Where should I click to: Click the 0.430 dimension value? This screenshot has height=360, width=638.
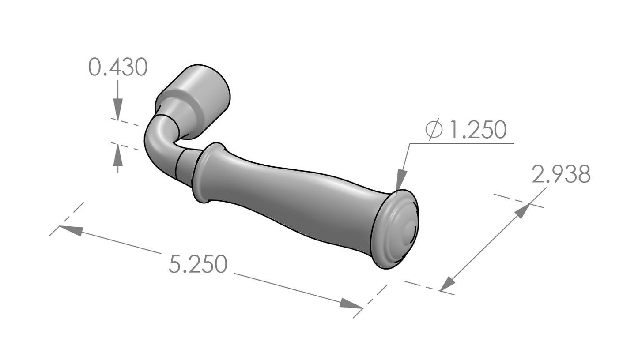[x=118, y=67]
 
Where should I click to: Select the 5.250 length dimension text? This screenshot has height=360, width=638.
[x=198, y=264]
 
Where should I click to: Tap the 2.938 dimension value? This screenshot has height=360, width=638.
[x=561, y=174]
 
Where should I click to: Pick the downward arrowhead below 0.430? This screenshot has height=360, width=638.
[x=118, y=109]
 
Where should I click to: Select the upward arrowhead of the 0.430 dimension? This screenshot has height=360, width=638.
[x=118, y=155]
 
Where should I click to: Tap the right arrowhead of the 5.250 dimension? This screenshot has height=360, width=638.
[x=351, y=304]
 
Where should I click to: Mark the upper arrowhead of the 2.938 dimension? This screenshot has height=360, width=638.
[x=522, y=211]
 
